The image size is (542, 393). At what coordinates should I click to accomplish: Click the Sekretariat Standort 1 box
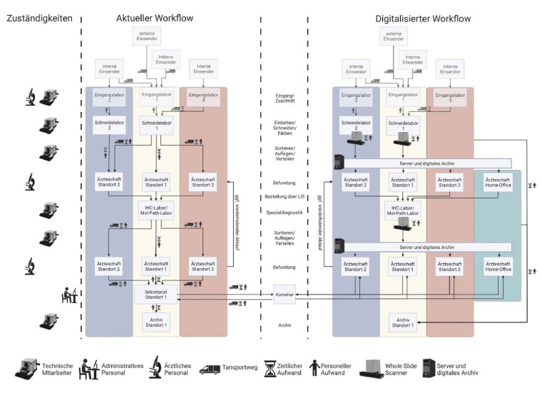pos(155,292)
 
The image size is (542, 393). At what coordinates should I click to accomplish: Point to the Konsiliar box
pos(284,294)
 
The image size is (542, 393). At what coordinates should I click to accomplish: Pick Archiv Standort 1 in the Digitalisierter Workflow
pos(404,322)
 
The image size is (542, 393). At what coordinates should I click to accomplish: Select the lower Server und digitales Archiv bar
pos(425,247)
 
